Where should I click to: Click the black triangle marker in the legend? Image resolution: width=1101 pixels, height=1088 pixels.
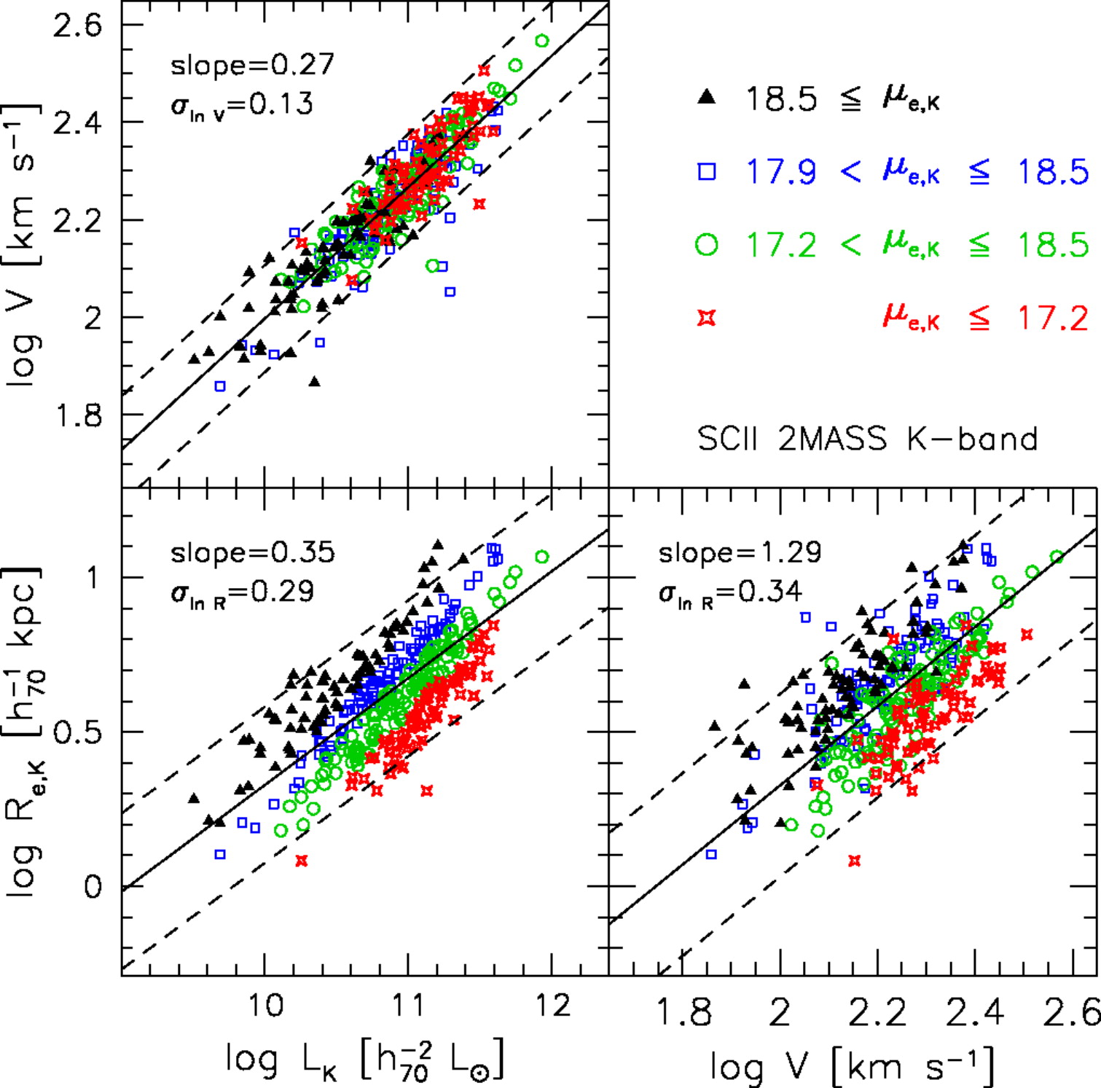point(706,97)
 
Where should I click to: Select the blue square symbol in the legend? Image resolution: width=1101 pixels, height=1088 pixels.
point(706,171)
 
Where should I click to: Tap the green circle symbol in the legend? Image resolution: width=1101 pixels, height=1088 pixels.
point(706,244)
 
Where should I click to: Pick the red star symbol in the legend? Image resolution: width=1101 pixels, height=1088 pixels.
point(706,318)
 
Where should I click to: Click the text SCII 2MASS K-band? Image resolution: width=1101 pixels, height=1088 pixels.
point(867,439)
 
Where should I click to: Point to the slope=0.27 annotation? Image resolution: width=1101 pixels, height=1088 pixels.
point(252,65)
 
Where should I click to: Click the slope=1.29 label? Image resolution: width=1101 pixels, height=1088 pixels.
point(740,552)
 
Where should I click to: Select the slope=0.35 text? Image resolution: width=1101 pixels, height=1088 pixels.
point(252,552)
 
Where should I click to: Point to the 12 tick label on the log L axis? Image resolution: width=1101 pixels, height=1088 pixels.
point(552,1005)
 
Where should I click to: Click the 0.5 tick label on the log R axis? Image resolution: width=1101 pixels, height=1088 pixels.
point(77,732)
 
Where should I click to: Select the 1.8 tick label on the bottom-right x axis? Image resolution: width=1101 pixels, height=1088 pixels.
point(683,1013)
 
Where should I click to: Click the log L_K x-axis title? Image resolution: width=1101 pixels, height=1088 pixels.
point(364,1060)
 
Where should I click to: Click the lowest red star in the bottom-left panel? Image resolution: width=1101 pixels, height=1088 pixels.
point(302,861)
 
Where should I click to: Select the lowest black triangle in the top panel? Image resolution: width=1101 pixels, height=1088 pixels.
point(315,381)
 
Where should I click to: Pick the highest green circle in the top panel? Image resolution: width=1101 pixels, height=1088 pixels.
point(541,41)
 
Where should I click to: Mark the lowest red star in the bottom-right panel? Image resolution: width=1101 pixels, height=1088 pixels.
point(855,861)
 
